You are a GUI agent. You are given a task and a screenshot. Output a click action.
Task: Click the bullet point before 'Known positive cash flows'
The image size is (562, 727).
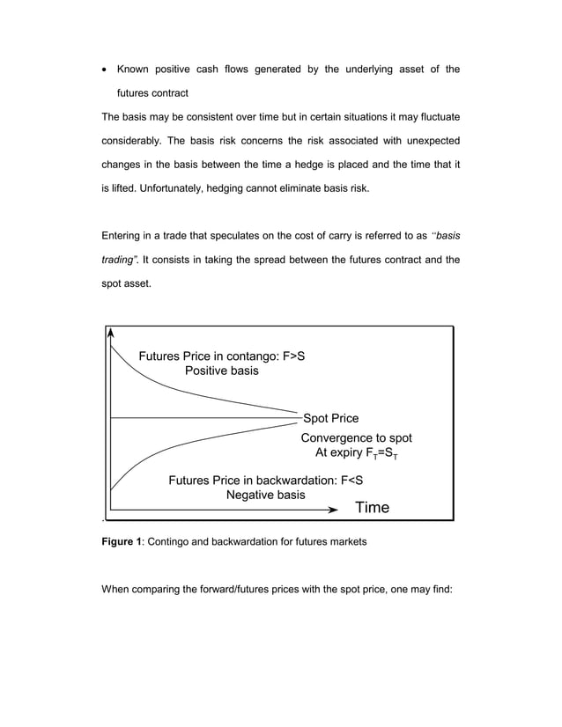coord(106,70)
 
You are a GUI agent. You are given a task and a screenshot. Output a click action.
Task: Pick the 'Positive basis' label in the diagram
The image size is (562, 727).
coord(221,371)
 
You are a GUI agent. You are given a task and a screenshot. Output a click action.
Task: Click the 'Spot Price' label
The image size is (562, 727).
coord(330,418)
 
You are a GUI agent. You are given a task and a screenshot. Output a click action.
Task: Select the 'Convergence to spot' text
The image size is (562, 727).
coord(356,437)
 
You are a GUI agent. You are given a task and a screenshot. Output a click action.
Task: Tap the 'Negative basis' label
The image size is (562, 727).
coord(266,496)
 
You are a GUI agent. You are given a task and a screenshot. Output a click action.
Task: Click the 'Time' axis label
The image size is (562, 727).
coord(371,508)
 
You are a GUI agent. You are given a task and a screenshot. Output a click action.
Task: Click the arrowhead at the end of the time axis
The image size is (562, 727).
coord(332,509)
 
